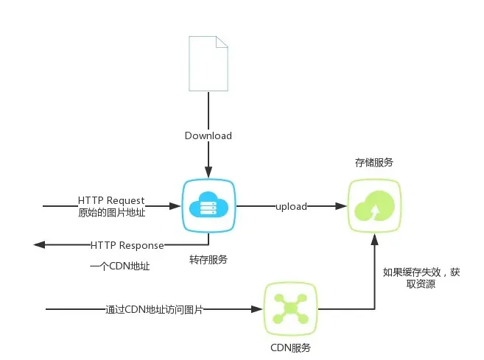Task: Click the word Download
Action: [x=208, y=135]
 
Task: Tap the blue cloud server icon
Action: [x=208, y=206]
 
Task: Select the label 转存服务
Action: [x=208, y=259]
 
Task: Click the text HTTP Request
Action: [x=111, y=200]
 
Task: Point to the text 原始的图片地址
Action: [x=111, y=213]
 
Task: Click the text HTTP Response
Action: [x=127, y=244]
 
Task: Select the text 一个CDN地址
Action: [x=119, y=267]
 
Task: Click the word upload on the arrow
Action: [x=291, y=206]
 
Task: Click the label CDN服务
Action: [x=290, y=347]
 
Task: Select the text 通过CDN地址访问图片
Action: [x=153, y=309]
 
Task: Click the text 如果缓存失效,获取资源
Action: [x=421, y=278]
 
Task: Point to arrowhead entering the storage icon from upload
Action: [x=342, y=207]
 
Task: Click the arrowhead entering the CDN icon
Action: [x=259, y=309]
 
